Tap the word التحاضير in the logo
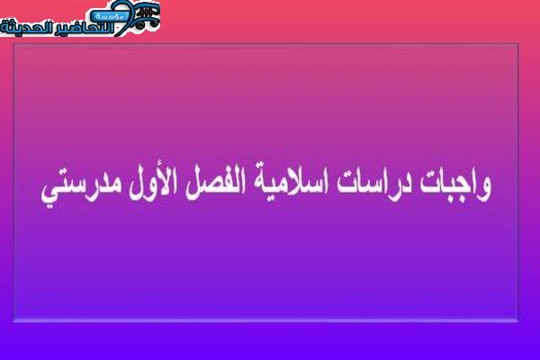point(86,28)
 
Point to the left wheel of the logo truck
point(140,24)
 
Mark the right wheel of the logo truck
point(154,23)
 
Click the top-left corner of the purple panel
point(13,44)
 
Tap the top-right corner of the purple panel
point(518,44)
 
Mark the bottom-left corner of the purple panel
point(13,322)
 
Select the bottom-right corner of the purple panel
point(518,322)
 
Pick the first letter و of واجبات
point(484,189)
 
